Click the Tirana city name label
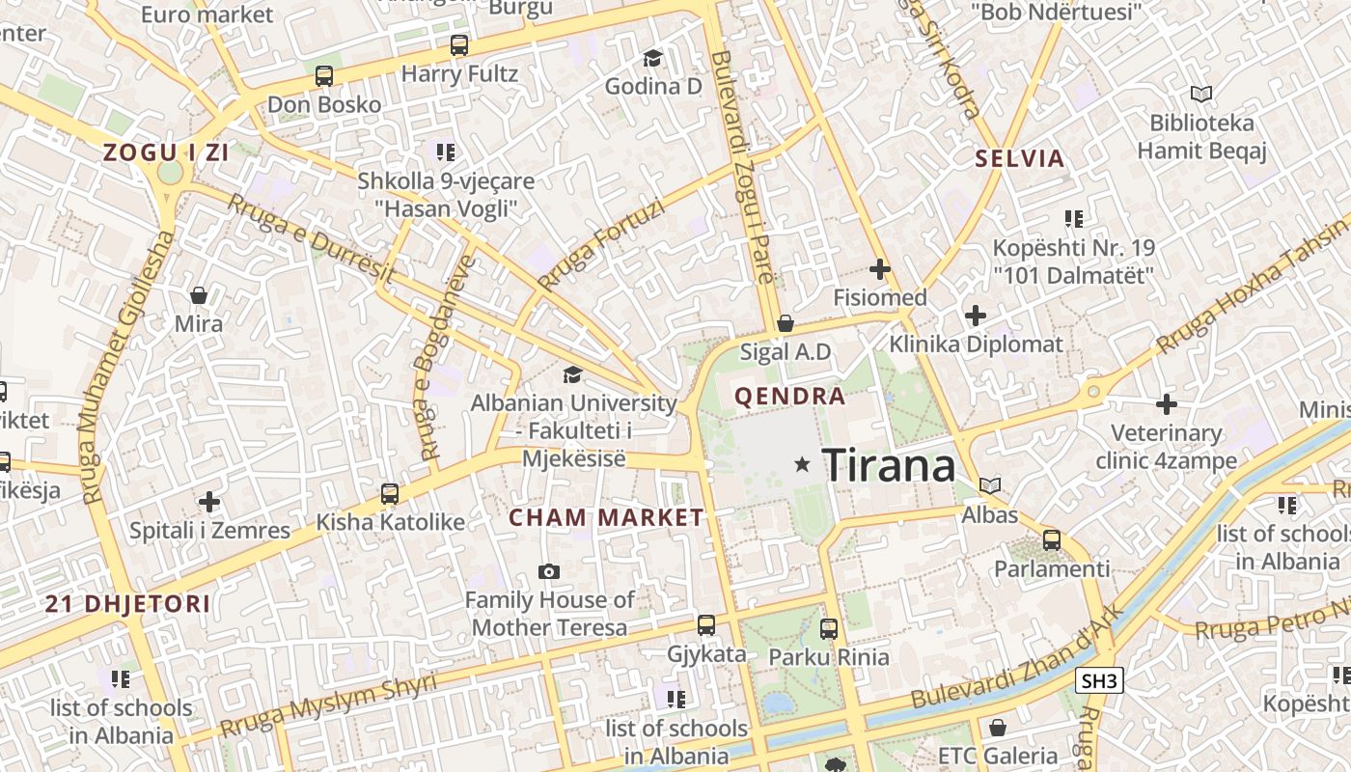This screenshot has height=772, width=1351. pos(889,466)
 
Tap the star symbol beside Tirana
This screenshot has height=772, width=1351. pos(802,465)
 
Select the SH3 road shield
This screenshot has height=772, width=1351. pos(1099,680)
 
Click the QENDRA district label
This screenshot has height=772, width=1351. pos(789,396)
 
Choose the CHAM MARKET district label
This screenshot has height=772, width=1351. pos(606,518)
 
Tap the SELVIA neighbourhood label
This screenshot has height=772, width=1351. pos(1019,159)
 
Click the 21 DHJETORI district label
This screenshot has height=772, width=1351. pos(127,605)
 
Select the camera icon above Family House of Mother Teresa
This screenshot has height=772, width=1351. pos(549,572)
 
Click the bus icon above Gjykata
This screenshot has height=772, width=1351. pos(706,625)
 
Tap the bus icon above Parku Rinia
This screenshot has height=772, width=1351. pos(828,629)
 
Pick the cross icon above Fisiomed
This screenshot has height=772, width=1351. pos(879,269)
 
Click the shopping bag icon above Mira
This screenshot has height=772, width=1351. pos(199,295)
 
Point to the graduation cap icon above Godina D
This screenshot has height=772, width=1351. pos(653,59)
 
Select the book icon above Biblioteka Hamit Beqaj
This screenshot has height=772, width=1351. pos(1200,95)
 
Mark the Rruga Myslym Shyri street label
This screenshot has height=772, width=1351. pos(328,705)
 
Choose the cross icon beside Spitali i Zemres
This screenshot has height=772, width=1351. pos(209,502)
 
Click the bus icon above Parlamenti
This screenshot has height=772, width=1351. pos(1052,540)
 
